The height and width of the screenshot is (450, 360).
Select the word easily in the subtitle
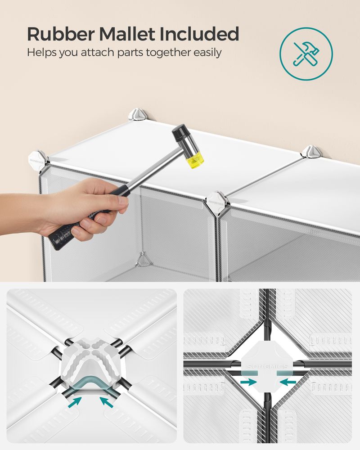point(205,53)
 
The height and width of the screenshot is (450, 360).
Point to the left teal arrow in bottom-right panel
point(246,382)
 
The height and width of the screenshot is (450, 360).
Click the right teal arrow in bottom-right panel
point(290,382)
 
